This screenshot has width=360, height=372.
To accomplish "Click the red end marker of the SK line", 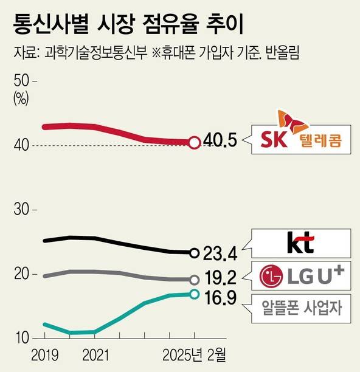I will point(194,143).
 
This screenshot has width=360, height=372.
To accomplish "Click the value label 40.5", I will point(219,143).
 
